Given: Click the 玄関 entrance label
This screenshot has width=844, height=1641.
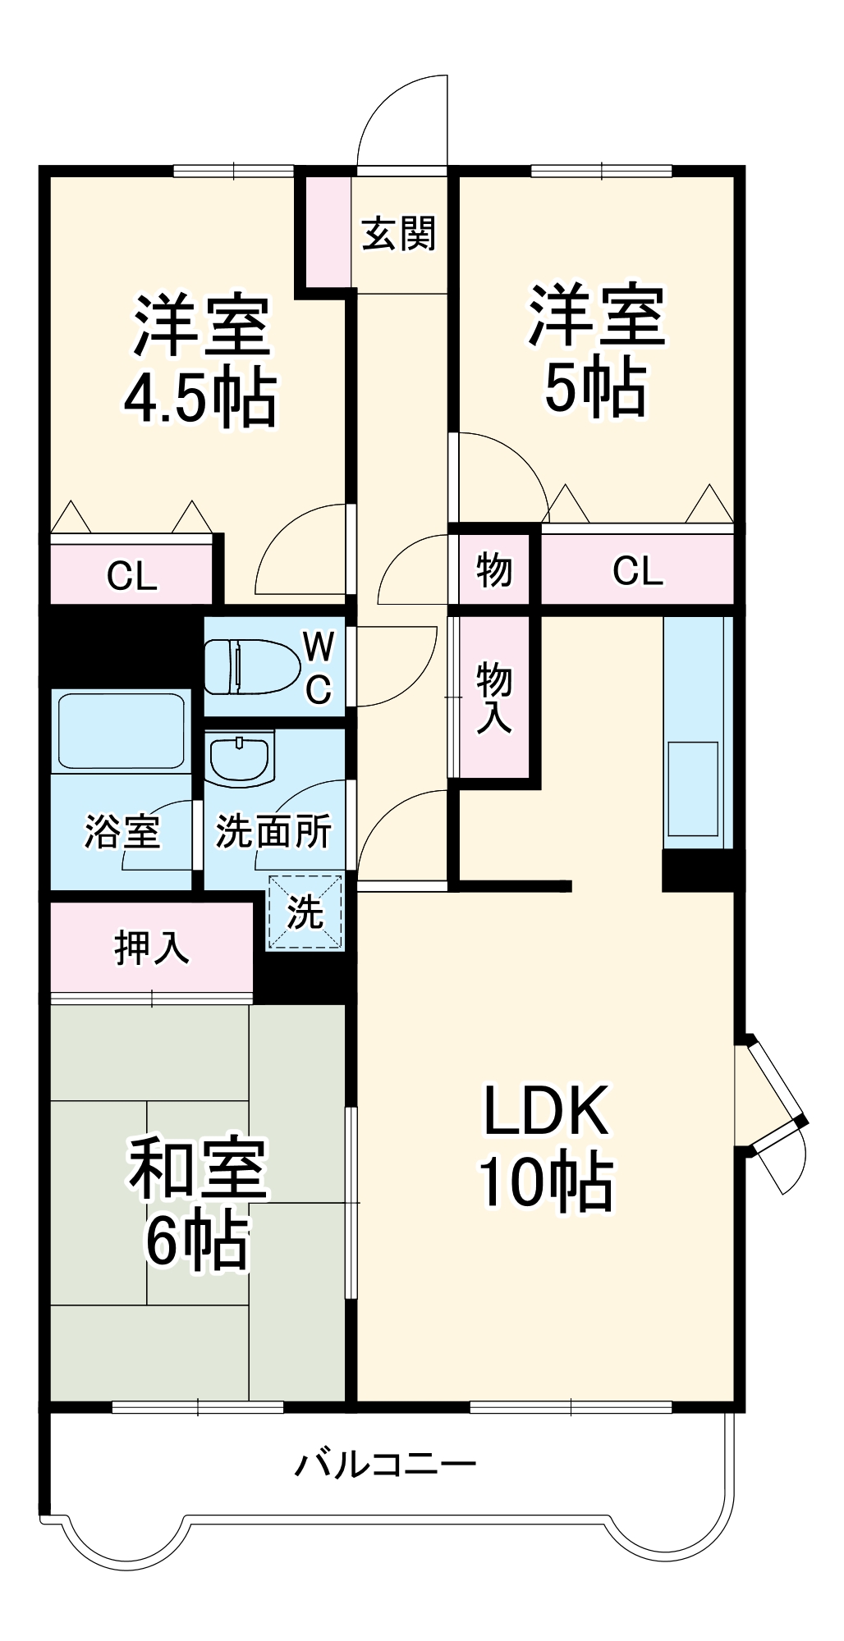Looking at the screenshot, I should (x=399, y=235).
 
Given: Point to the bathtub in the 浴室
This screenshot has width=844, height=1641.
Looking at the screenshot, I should (x=122, y=729).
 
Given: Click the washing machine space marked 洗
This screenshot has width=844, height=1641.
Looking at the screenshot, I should (x=305, y=912).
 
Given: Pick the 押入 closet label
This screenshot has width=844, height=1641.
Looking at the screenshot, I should (x=151, y=948).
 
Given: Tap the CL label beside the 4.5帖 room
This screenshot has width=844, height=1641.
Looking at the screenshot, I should (x=131, y=576).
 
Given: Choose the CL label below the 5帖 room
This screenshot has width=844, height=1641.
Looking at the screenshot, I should (x=637, y=570).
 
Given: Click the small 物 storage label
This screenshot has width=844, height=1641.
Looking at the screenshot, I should (x=494, y=569).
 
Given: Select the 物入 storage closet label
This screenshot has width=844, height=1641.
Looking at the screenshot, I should (x=494, y=697).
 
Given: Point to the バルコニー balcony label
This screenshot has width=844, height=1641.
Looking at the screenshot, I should (x=385, y=1465).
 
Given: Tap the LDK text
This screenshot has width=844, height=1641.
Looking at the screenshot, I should (x=546, y=1111).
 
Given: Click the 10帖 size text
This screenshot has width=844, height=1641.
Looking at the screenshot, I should (x=546, y=1182).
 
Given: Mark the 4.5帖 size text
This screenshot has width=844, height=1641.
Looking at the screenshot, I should (x=200, y=398).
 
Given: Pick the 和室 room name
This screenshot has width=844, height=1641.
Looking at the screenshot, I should (x=198, y=1169).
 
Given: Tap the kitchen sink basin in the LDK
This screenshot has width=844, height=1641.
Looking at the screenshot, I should (x=693, y=789).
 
